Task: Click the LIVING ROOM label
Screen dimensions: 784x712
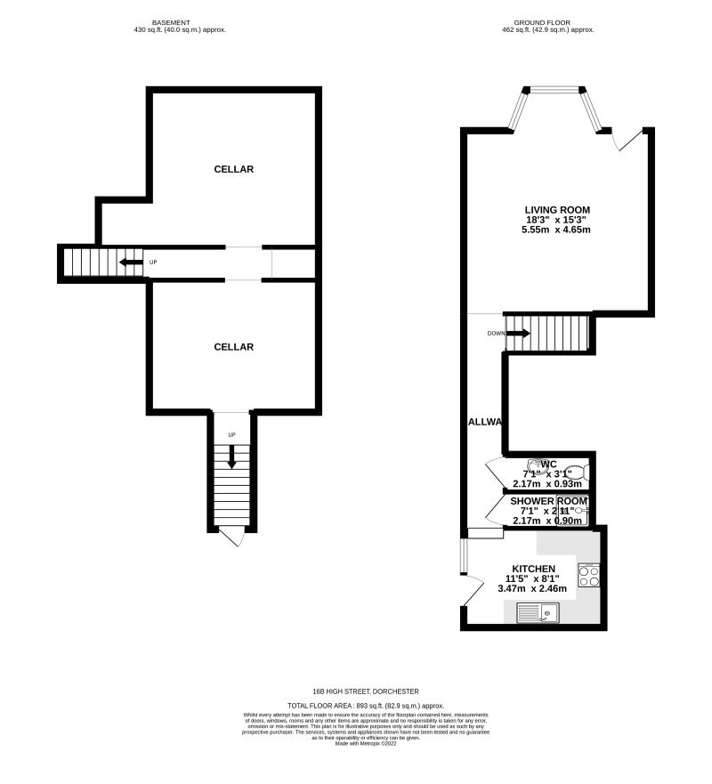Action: click(557, 210)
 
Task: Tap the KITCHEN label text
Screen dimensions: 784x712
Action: click(534, 569)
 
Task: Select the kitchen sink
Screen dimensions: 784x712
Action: click(537, 611)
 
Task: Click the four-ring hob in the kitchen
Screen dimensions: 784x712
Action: click(588, 575)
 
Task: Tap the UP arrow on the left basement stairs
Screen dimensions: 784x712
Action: click(131, 263)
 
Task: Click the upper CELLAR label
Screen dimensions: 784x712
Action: click(234, 169)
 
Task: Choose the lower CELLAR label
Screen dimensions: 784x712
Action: click(234, 347)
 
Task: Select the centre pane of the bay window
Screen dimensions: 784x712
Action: click(553, 88)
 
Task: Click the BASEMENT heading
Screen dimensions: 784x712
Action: click(174, 22)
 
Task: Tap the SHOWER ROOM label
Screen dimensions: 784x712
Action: click(548, 502)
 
